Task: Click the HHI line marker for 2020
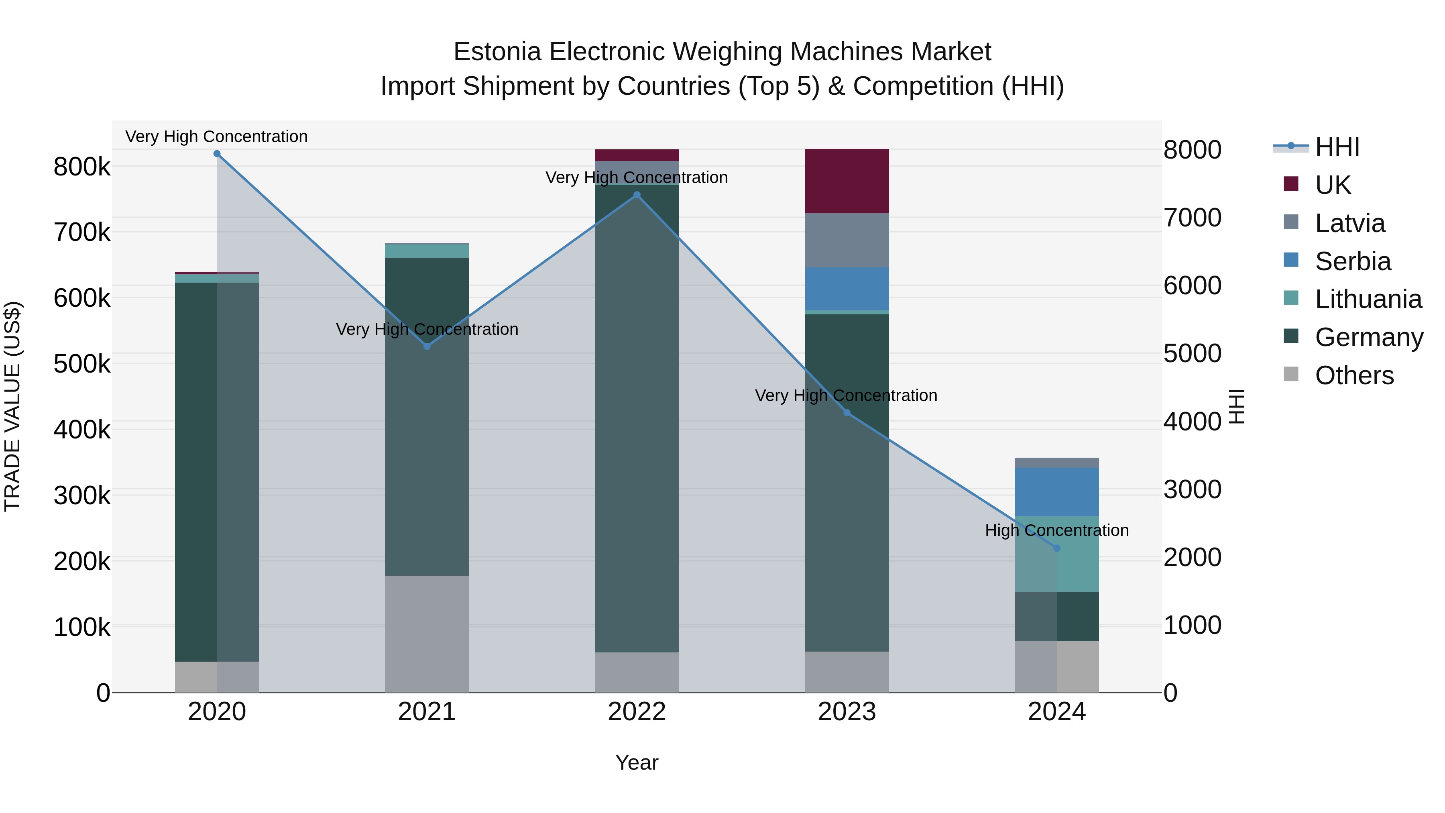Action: point(217,154)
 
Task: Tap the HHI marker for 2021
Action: point(427,347)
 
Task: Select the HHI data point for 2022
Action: point(637,195)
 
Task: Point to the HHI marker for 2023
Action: point(847,413)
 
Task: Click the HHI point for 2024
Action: point(1057,548)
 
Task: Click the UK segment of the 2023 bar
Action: point(847,181)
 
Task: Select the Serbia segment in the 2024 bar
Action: point(1057,491)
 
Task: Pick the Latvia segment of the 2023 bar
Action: point(847,240)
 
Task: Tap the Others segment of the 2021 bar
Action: point(427,634)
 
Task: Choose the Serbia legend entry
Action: point(1352,261)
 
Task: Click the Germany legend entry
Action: point(1369,337)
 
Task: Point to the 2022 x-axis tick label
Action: point(637,712)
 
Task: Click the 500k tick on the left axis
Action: point(82,364)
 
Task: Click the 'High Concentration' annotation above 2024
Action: point(1057,530)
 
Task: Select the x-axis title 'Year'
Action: point(637,762)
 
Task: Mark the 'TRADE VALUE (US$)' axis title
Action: point(13,406)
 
